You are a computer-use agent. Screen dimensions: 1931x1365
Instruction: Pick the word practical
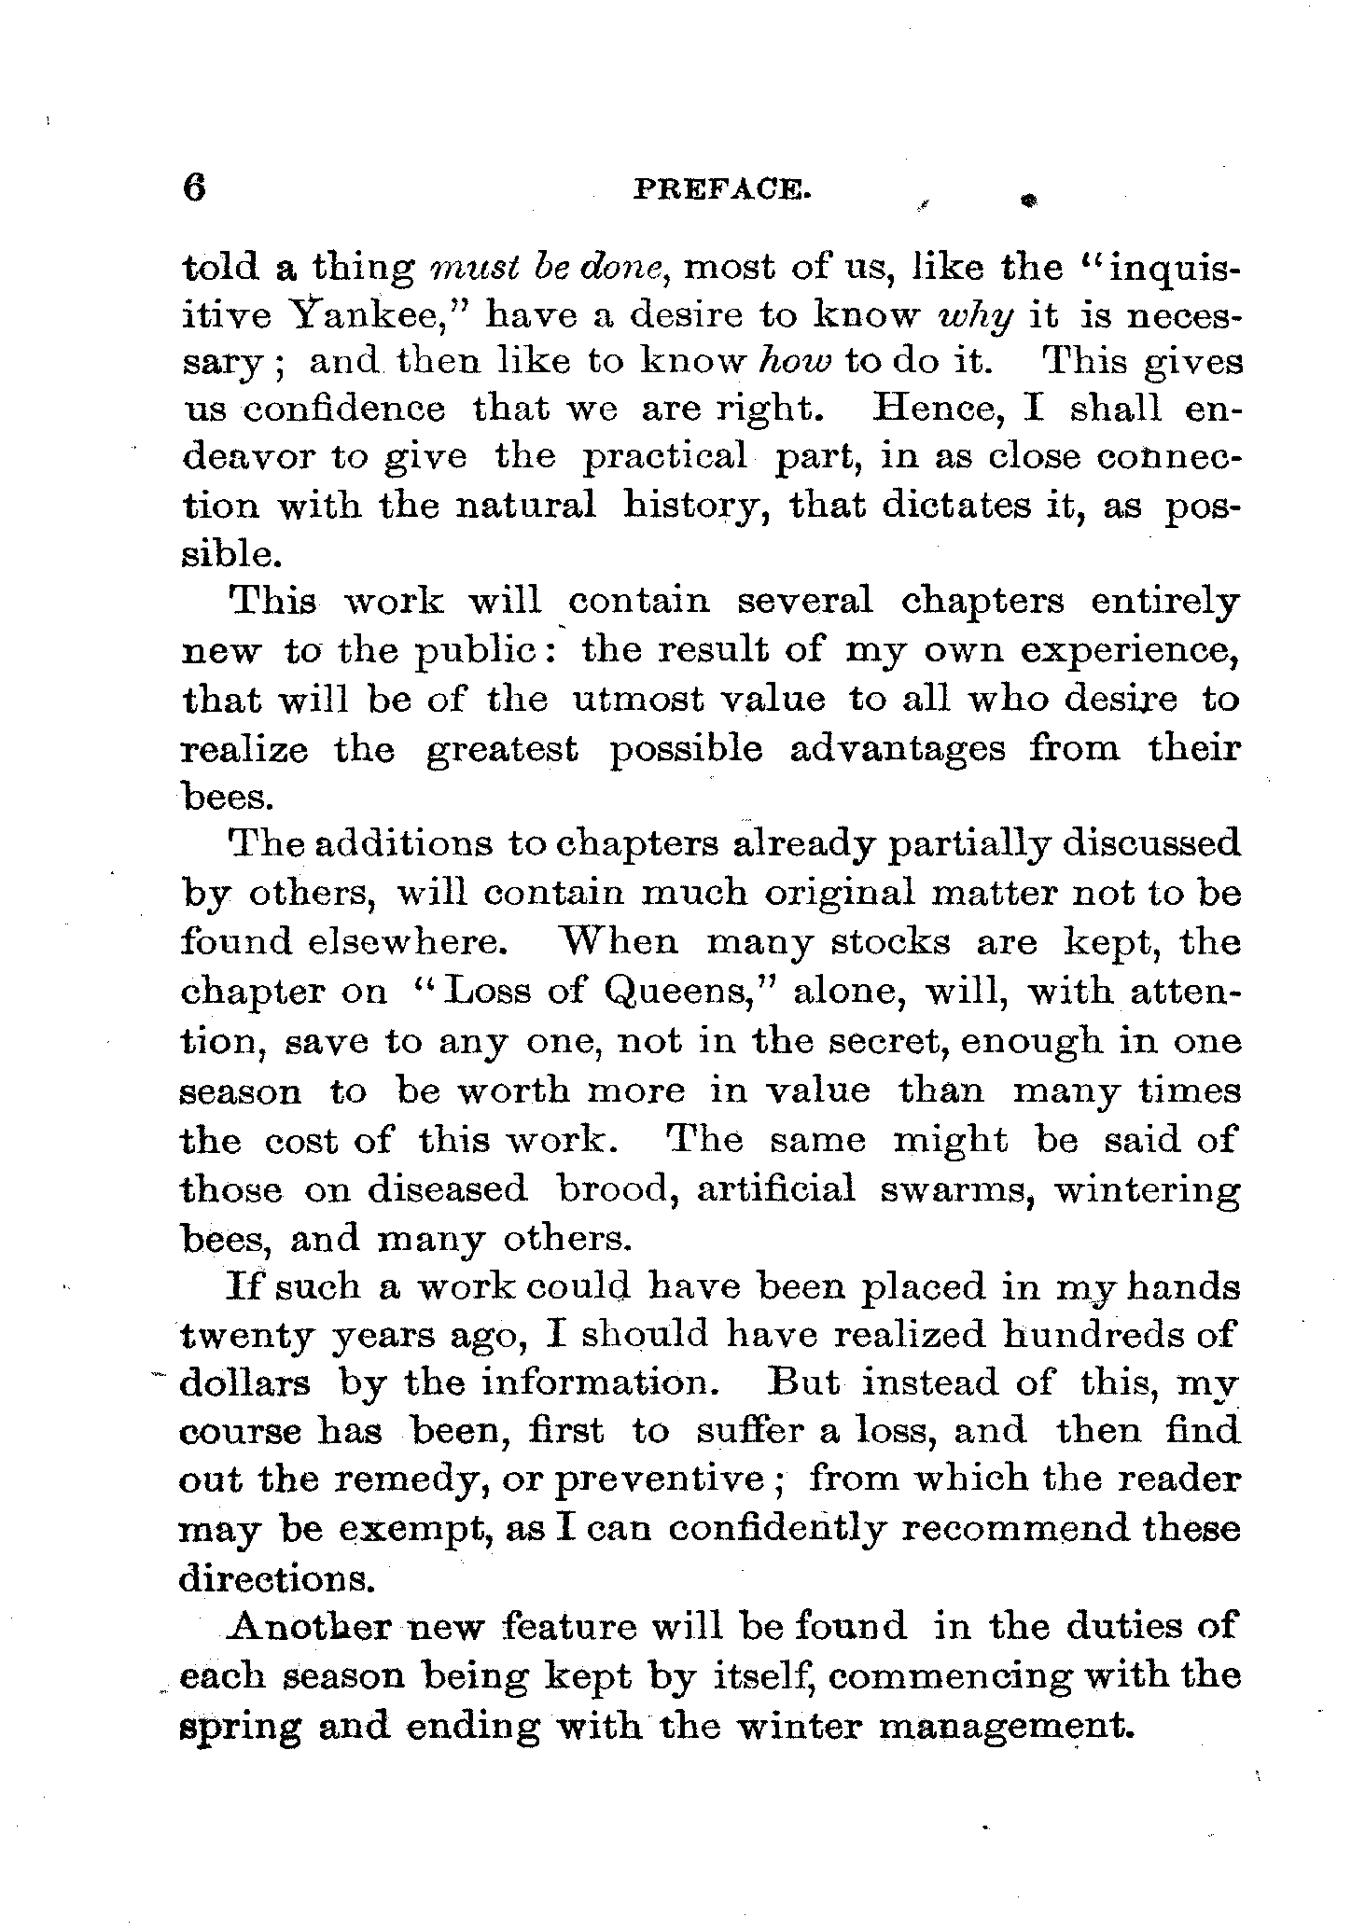point(665,456)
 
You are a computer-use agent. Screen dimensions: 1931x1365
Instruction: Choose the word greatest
point(502,749)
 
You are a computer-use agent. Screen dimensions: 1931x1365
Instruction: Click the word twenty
point(247,1336)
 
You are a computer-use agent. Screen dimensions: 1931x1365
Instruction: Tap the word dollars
point(244,1382)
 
